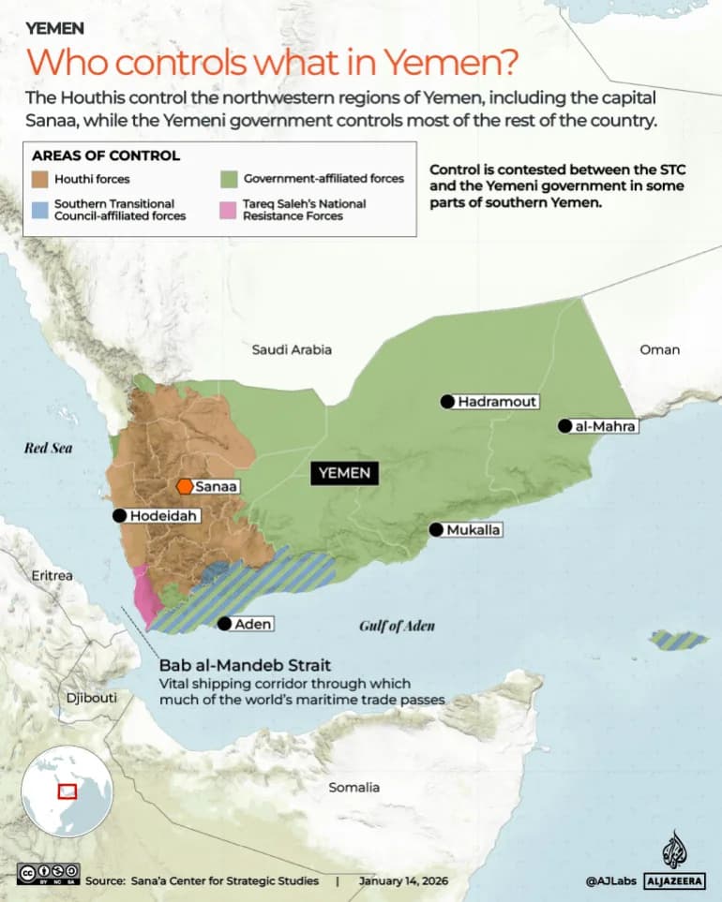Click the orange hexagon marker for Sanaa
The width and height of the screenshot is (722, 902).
pyautogui.click(x=185, y=486)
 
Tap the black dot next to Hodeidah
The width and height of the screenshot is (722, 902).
pyautogui.click(x=119, y=515)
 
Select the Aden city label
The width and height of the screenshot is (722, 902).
pyautogui.click(x=254, y=625)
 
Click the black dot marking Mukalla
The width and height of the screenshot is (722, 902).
pyautogui.click(x=436, y=529)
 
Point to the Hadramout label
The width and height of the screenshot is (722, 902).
pyautogui.click(x=497, y=402)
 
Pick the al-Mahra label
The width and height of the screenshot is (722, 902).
pyautogui.click(x=606, y=426)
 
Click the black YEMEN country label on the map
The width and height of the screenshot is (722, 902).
pyautogui.click(x=345, y=473)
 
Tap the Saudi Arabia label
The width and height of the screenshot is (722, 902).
pyautogui.click(x=292, y=349)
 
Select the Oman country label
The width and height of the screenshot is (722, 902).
pyautogui.click(x=659, y=349)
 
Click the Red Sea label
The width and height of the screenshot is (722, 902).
pyautogui.click(x=48, y=448)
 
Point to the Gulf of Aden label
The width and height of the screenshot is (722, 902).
pyautogui.click(x=397, y=626)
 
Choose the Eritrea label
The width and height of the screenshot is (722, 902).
pyautogui.click(x=52, y=575)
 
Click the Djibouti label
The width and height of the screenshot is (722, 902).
pyautogui.click(x=91, y=698)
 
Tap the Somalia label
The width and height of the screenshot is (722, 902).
pyautogui.click(x=353, y=787)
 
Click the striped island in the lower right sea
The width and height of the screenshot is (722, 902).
pyautogui.click(x=679, y=641)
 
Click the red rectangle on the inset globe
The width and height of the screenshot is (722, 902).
pyautogui.click(x=68, y=791)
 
